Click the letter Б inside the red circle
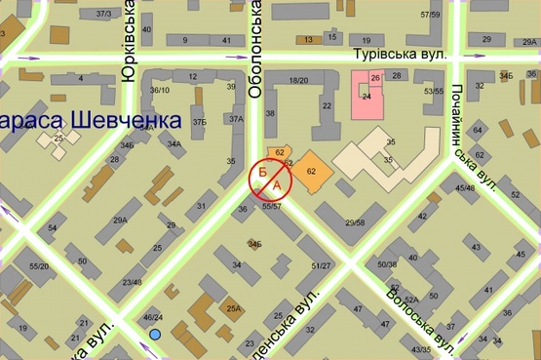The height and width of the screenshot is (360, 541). pyautogui.click(x=263, y=172)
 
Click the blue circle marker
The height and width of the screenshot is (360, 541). pyautogui.click(x=155, y=335)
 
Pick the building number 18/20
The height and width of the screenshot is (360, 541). pyautogui.click(x=298, y=81)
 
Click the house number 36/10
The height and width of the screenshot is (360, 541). pyautogui.click(x=160, y=91)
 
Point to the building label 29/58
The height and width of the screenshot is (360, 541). pyautogui.click(x=354, y=223)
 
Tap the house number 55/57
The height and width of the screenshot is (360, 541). pyautogui.click(x=272, y=206)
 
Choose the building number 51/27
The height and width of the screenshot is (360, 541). pyautogui.click(x=322, y=265)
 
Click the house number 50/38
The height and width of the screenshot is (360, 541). pyautogui.click(x=387, y=264)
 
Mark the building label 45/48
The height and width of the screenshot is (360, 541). pyautogui.click(x=465, y=187)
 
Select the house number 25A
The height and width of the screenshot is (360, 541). pyautogui.click(x=233, y=308)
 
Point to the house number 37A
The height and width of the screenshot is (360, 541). pyautogui.click(x=236, y=119)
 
